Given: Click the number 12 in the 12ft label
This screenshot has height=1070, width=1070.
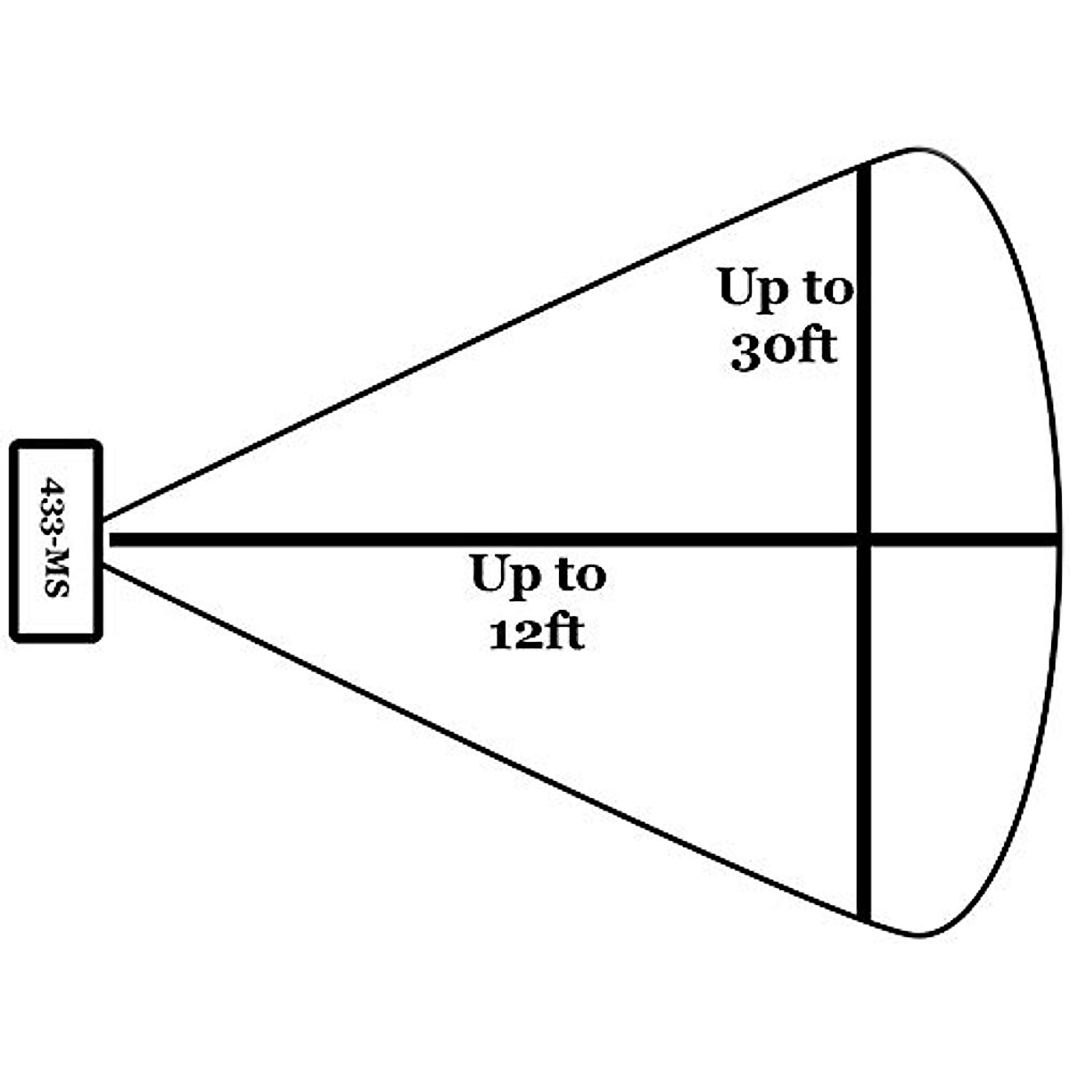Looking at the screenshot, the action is [509, 634].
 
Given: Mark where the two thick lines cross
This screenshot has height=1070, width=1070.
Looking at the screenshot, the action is [863, 539].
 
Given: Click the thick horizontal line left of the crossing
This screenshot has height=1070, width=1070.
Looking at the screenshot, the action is [357, 539].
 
